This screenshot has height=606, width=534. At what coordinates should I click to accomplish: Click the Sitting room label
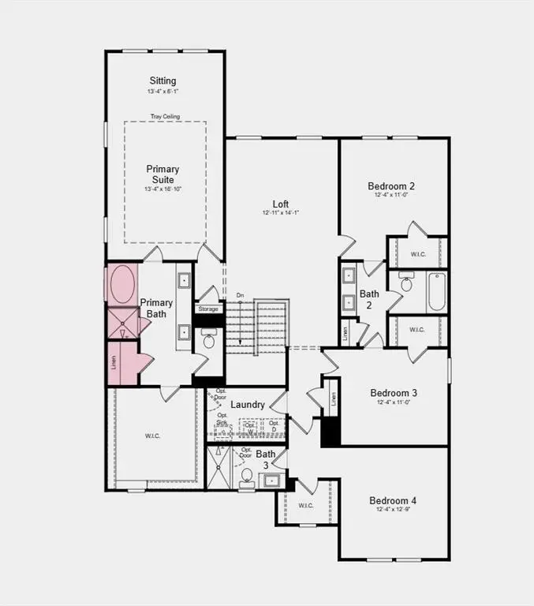[x=162, y=80]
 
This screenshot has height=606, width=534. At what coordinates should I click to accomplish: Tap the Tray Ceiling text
[x=165, y=117]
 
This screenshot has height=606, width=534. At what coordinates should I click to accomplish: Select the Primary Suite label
[x=162, y=174]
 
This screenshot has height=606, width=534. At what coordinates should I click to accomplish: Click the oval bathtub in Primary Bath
[x=121, y=285]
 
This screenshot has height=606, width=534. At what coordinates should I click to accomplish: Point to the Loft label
[x=281, y=202]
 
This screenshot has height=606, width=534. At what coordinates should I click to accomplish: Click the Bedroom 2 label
[x=391, y=186]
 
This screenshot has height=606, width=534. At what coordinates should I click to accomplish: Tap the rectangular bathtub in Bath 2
[x=437, y=292]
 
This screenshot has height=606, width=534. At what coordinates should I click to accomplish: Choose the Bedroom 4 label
[x=393, y=500]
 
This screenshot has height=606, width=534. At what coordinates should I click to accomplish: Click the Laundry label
[x=248, y=405]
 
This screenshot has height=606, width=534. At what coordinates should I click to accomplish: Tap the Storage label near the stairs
[x=208, y=309]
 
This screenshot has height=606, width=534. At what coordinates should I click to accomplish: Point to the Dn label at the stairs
[x=240, y=296]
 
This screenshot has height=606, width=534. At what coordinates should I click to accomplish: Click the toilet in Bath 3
[x=246, y=476]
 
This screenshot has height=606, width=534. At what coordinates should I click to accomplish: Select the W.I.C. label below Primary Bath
[x=152, y=436]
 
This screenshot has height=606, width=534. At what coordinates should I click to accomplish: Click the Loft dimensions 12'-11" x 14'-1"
[x=281, y=213]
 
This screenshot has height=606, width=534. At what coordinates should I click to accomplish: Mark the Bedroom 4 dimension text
[x=393, y=511]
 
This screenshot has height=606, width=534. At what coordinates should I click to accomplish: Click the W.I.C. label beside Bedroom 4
[x=307, y=506]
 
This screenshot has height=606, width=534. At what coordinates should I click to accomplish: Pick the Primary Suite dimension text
[x=162, y=189]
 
